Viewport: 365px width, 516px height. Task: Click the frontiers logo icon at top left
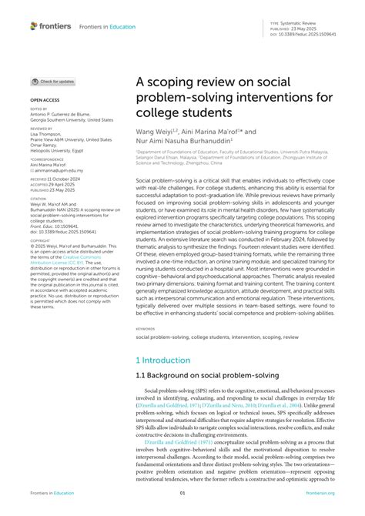34,25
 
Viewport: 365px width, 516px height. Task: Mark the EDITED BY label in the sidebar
39,109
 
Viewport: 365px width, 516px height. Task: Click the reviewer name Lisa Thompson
48,135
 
